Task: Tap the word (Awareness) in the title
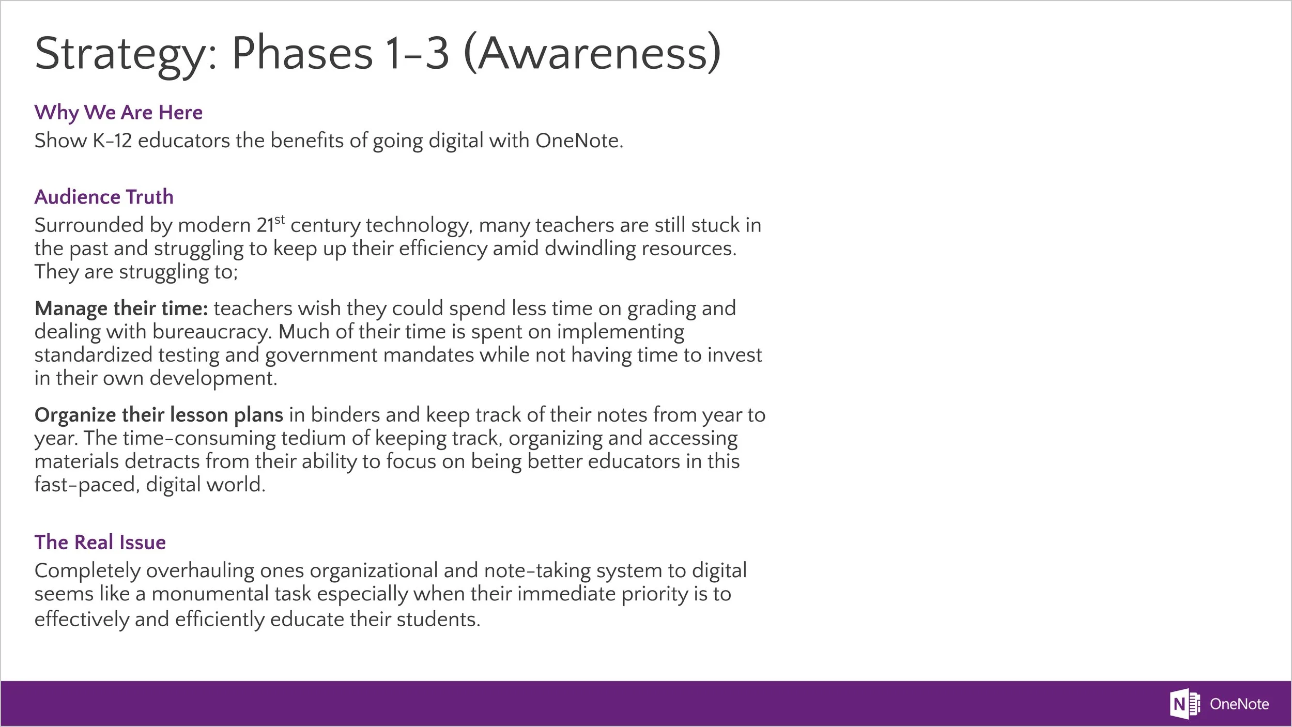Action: click(592, 53)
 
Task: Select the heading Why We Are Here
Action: click(118, 112)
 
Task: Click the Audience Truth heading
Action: click(104, 197)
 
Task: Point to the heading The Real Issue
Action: click(100, 542)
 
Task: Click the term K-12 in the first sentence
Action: click(112, 141)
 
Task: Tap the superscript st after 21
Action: click(280, 220)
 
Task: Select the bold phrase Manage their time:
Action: click(121, 308)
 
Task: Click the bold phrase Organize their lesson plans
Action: click(159, 415)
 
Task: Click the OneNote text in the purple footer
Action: click(1239, 704)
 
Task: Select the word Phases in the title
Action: click(302, 53)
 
